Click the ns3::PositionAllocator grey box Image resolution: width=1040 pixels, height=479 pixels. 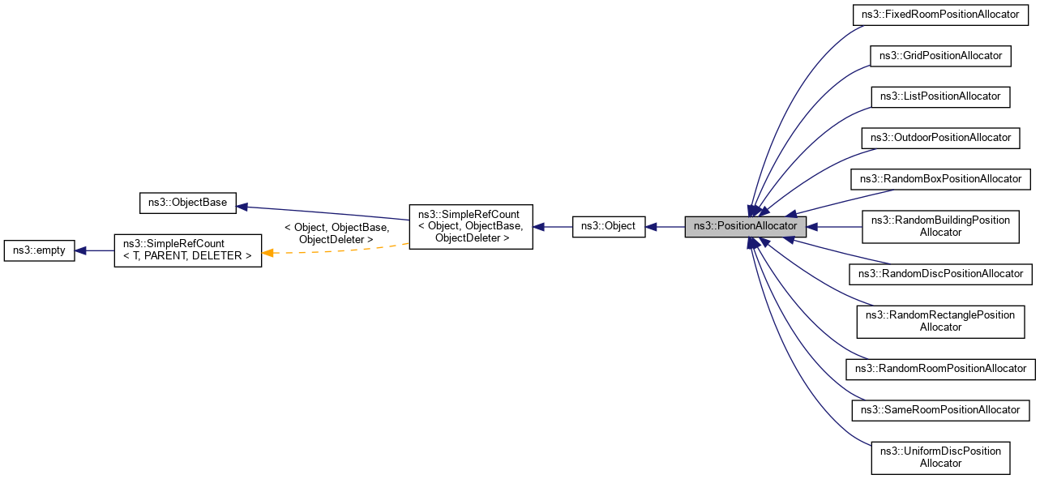[746, 227]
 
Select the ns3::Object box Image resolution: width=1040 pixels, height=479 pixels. [609, 227]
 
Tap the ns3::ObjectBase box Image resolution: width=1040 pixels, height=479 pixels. [187, 203]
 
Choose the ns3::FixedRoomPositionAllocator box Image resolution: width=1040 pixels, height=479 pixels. [940, 15]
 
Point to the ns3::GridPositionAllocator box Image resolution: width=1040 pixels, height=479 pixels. [940, 56]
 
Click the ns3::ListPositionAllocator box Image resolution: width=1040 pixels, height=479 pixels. [940, 96]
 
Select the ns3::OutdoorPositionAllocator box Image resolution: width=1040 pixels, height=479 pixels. [940, 138]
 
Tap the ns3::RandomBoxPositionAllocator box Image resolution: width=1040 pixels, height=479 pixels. [940, 178]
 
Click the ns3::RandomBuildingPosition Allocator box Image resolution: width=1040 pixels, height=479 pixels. [940, 227]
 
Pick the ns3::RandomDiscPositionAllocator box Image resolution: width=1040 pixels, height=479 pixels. [940, 274]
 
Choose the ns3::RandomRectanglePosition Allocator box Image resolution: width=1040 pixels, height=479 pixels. [940, 321]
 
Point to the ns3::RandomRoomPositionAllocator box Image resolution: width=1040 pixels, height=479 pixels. [940, 369]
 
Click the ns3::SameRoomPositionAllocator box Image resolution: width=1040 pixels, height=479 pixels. [940, 410]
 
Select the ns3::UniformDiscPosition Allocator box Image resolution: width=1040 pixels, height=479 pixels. [940, 457]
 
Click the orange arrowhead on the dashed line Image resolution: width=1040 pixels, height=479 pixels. [267, 254]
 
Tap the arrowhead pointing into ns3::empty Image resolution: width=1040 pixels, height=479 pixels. [81, 251]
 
